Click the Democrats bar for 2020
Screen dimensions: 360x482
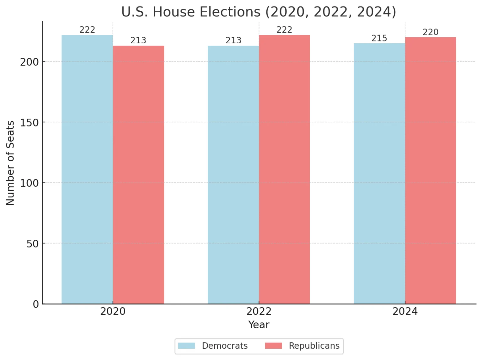(x=87, y=169)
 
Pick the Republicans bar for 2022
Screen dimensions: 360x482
(x=284, y=169)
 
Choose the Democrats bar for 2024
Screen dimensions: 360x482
(x=379, y=174)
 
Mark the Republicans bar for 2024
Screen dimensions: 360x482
(x=431, y=170)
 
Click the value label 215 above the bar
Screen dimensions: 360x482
(x=379, y=38)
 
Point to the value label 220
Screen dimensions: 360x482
(x=430, y=32)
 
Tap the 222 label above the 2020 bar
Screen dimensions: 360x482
(x=87, y=30)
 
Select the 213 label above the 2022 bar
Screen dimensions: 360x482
(x=233, y=40)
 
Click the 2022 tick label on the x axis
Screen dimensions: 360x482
(x=259, y=312)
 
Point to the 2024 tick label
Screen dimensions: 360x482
(x=405, y=312)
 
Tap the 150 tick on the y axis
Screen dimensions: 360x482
(x=29, y=123)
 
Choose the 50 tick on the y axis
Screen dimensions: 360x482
(x=32, y=244)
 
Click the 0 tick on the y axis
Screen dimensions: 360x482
(x=36, y=304)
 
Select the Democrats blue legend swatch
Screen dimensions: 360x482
(x=186, y=346)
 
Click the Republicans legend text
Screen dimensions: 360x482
(x=314, y=346)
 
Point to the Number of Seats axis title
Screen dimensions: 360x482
(x=10, y=163)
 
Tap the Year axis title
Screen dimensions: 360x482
(x=259, y=325)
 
